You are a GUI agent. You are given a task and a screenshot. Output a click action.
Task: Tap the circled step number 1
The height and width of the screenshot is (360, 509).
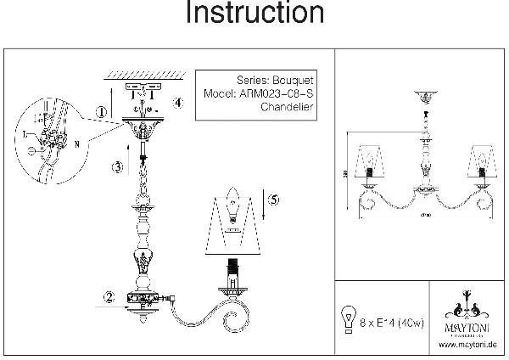pyautogui.click(x=101, y=112)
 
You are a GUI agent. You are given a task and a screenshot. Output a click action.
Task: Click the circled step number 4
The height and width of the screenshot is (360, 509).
pyautogui.click(x=177, y=104)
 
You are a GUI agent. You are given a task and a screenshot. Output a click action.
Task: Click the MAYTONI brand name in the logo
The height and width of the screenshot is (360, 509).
pyautogui.click(x=463, y=324)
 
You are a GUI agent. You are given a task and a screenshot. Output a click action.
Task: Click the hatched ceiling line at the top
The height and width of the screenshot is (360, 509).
pyautogui.click(x=141, y=73)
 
